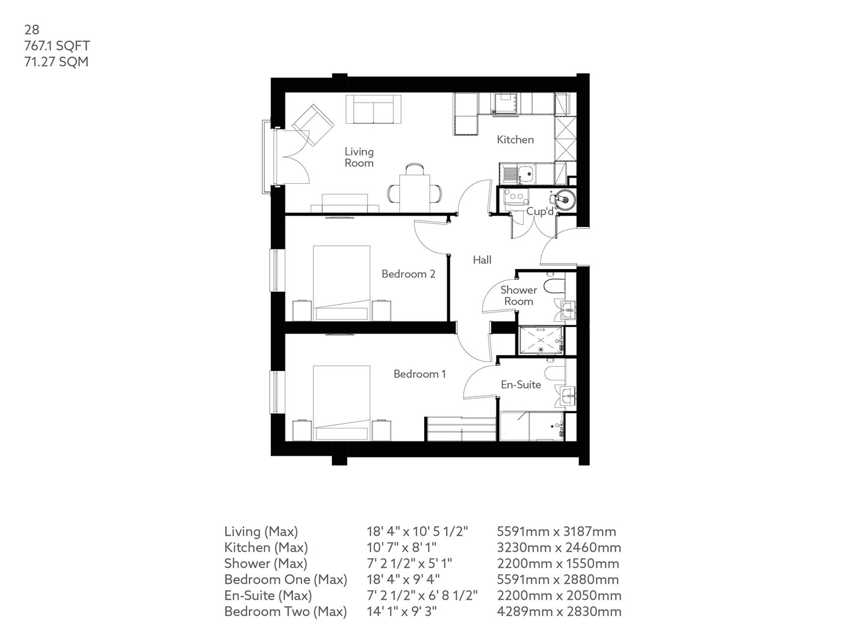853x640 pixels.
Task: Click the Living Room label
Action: (x=359, y=157)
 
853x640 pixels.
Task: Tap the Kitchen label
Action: (x=515, y=140)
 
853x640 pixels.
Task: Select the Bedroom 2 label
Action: (x=408, y=274)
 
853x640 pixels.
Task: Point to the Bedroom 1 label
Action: (x=419, y=374)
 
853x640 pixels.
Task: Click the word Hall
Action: (x=482, y=260)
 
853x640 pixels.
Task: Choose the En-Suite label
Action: (x=521, y=385)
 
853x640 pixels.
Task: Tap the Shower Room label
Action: (x=518, y=295)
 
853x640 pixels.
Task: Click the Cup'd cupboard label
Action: (x=540, y=212)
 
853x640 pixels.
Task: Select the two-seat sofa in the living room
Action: (x=371, y=109)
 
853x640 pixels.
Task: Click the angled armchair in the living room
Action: (x=313, y=124)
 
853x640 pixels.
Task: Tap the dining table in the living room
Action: (x=415, y=189)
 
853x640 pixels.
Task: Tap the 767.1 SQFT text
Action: (x=57, y=45)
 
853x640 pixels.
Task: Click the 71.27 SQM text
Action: (x=56, y=61)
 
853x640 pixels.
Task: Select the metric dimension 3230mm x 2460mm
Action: (x=559, y=548)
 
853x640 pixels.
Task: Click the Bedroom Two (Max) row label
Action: (x=285, y=612)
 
